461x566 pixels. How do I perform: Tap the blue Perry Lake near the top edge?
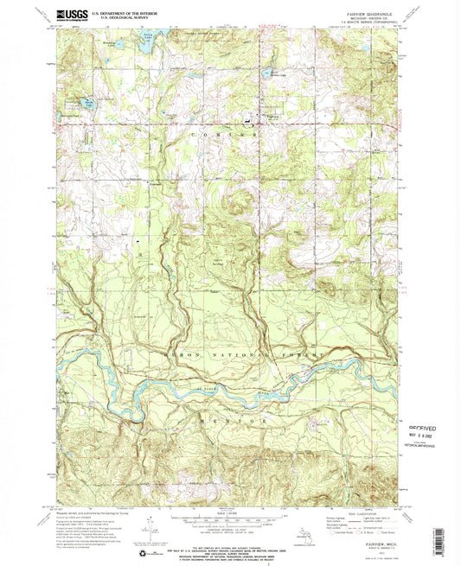pyautogui.click(x=152, y=38)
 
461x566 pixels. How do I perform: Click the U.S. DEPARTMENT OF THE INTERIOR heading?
pyautogui.click(x=133, y=13)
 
